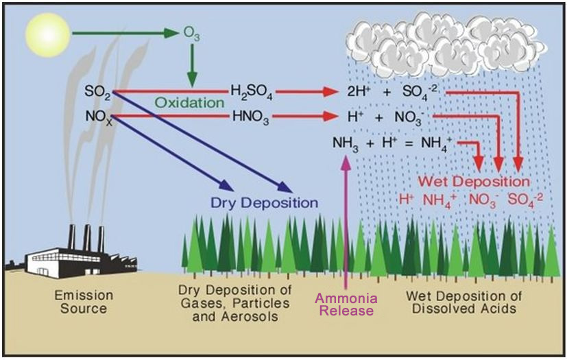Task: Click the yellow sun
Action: (48, 35)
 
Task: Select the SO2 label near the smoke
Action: (97, 91)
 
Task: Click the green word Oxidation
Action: (190, 103)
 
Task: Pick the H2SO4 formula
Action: (252, 93)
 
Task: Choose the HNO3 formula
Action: (251, 117)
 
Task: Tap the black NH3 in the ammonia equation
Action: (346, 143)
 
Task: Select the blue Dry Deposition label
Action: (265, 202)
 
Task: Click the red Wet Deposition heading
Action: (474, 181)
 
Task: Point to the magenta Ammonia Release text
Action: (347, 304)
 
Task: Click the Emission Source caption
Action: (84, 302)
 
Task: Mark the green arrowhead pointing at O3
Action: (171, 33)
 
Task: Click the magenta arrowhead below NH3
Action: (346, 162)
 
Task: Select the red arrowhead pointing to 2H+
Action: (331, 92)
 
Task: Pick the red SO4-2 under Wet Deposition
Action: (525, 200)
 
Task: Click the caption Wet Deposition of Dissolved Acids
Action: (464, 302)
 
